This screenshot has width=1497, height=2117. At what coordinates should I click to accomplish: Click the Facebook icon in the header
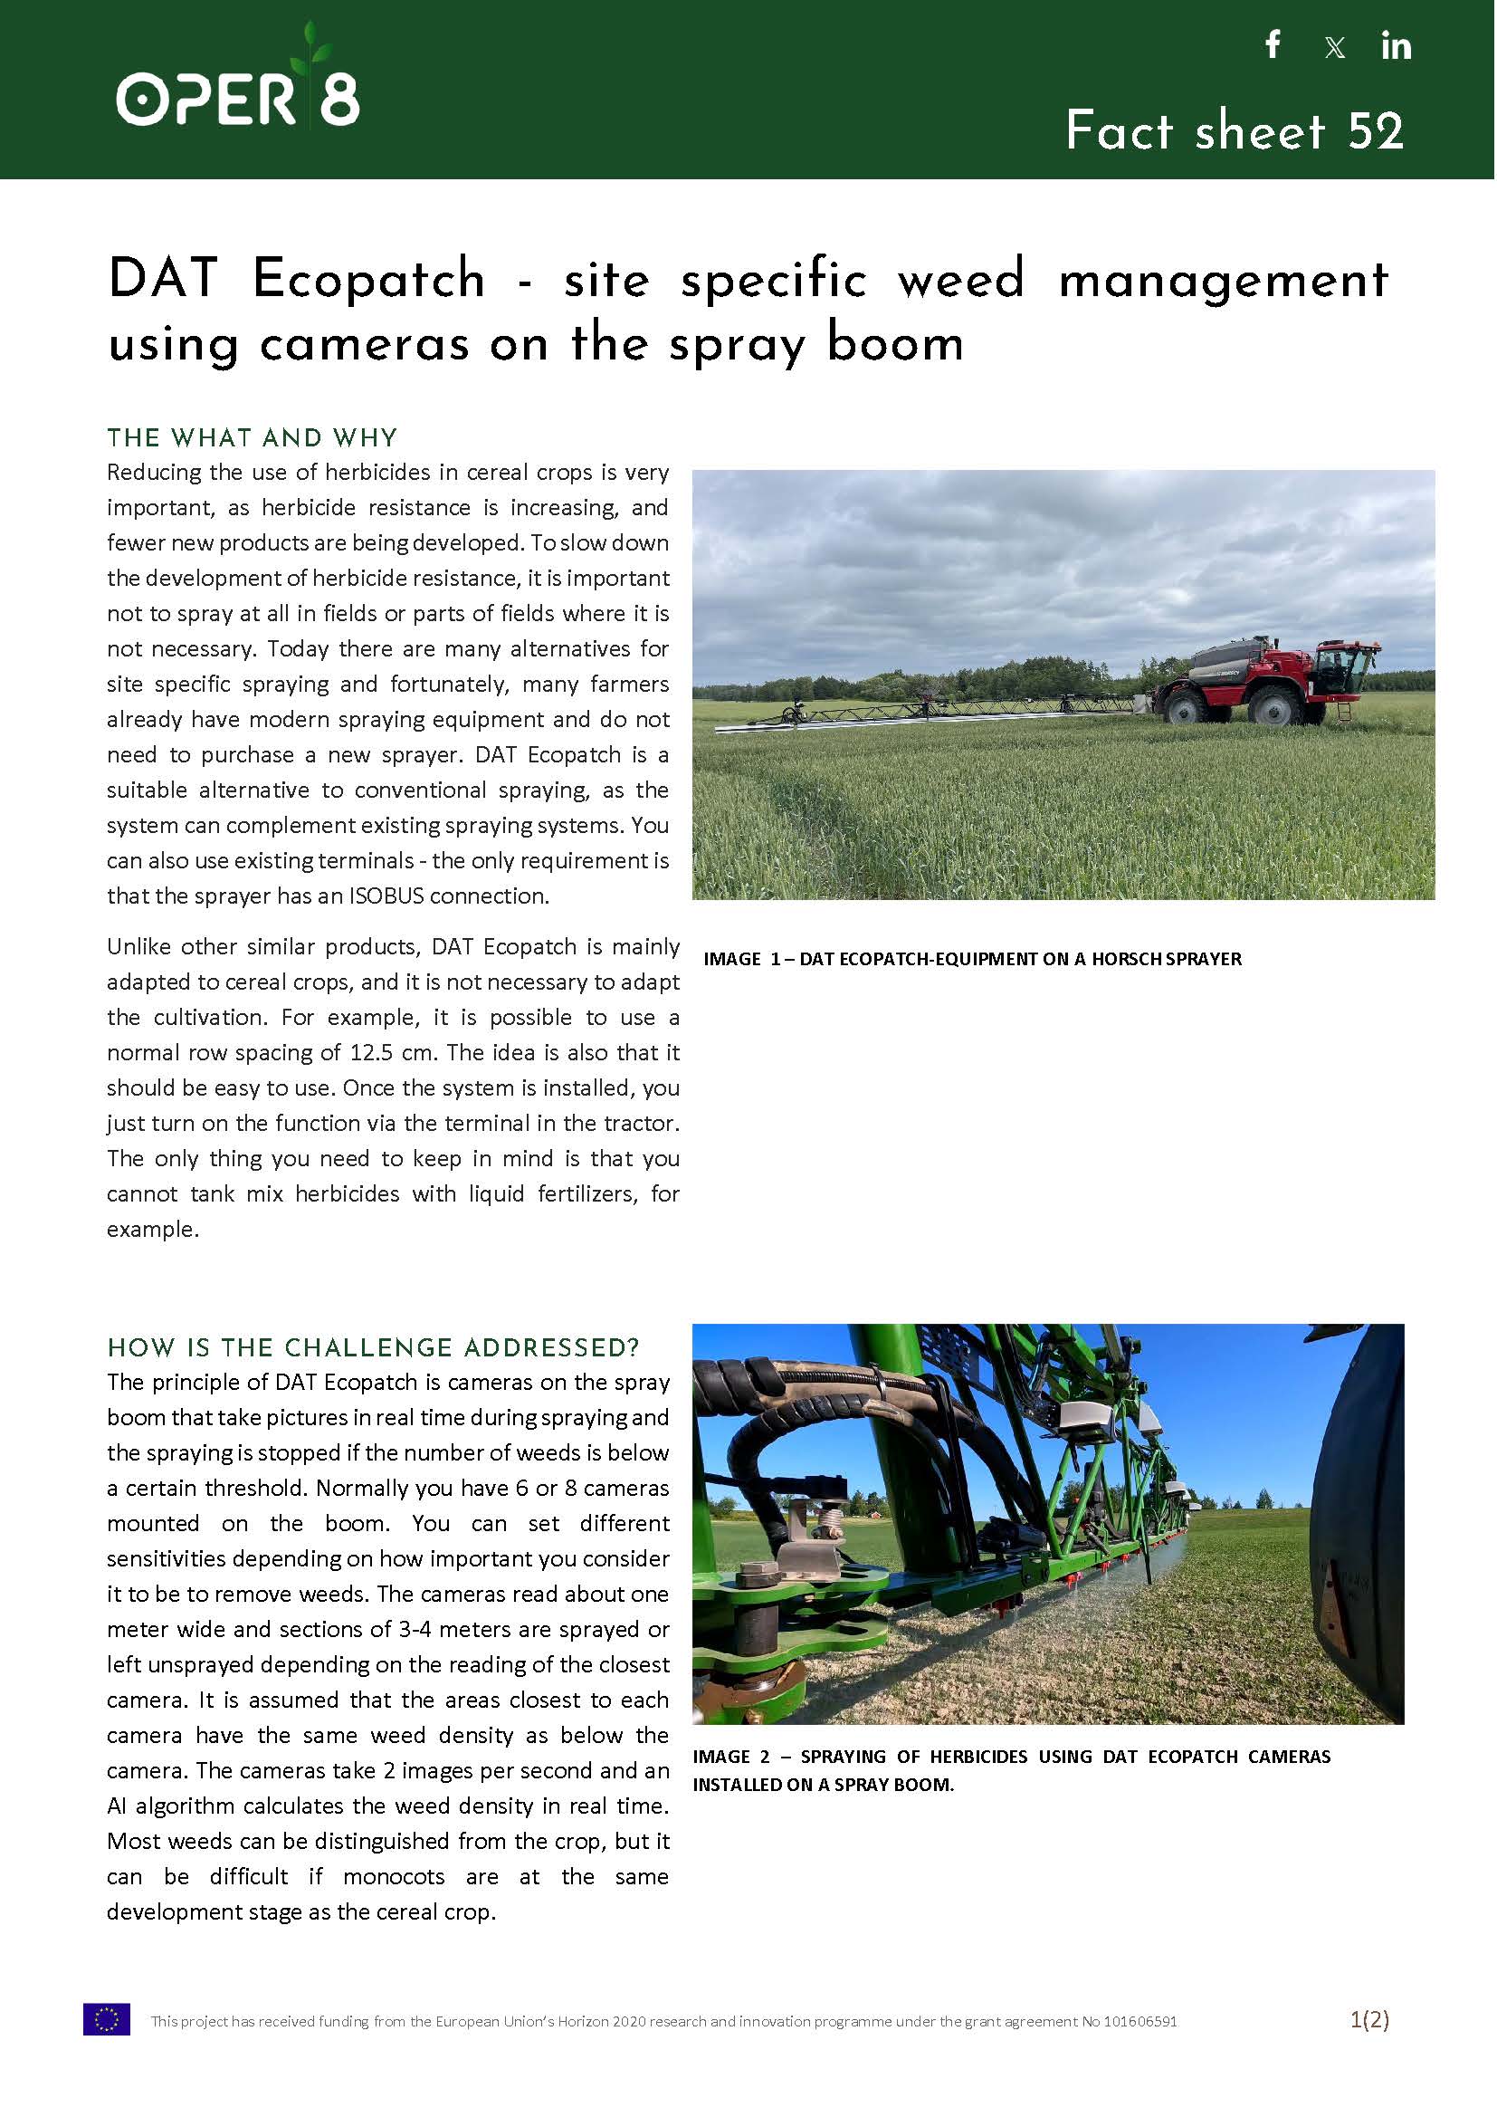point(1273,44)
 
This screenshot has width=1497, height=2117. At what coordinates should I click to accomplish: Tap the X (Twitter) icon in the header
point(1334,47)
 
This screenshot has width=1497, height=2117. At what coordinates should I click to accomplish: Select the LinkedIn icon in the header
point(1396,45)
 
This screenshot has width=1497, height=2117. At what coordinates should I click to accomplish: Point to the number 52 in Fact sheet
point(1376,131)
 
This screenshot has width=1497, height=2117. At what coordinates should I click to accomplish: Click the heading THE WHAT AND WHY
point(252,437)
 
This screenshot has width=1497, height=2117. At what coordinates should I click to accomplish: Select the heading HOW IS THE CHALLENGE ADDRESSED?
point(373,1347)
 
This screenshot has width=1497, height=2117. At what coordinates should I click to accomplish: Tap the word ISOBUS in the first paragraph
point(386,896)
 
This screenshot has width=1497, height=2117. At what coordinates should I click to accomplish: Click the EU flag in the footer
point(107,2020)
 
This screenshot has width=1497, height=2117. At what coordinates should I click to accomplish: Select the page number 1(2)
point(1368,2019)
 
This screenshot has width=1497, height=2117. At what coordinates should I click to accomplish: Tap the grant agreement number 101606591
point(1141,2021)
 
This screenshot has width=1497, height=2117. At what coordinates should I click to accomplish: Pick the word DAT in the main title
point(163,279)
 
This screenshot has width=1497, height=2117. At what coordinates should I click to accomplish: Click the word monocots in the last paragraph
point(394,1876)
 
